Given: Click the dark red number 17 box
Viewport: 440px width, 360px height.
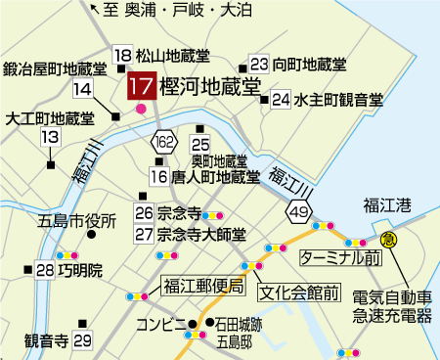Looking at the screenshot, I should pos(141,85).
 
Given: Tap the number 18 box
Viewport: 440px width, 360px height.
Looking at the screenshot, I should pos(123,55).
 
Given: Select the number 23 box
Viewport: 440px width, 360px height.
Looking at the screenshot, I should pos(259,64).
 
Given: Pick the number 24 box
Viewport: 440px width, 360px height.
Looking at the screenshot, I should pos(281,99).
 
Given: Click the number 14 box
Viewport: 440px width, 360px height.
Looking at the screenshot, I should pos(82,89).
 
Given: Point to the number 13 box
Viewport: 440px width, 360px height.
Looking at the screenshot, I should pos(50,138).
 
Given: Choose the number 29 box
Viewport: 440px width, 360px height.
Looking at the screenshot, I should pos(82,340).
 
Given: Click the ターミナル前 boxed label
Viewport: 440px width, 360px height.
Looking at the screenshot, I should pos(339,257).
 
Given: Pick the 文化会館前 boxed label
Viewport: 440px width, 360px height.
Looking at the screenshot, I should pos(299,292).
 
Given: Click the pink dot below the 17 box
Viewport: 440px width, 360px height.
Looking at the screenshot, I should pos(142,108).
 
